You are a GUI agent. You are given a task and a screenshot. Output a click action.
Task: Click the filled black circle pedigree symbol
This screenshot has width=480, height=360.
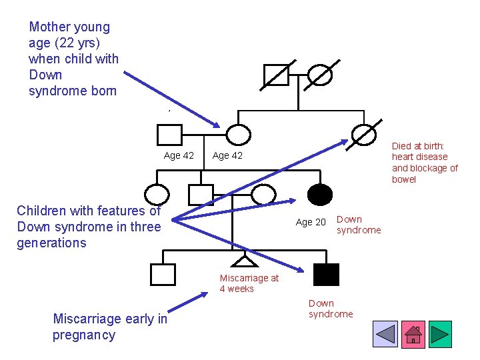point(320,195)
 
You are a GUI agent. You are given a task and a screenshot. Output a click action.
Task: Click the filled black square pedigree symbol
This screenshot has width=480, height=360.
point(326,274)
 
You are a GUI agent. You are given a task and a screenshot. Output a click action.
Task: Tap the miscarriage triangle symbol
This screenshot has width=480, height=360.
point(243,262)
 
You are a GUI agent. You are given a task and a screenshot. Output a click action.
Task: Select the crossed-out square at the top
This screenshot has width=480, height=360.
point(276,75)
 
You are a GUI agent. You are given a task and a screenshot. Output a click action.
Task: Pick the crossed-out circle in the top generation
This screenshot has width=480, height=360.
point(320,75)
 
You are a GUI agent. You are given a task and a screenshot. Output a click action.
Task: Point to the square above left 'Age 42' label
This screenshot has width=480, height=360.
point(169,135)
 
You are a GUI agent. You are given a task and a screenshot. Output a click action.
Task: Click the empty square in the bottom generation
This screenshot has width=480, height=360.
point(163,274)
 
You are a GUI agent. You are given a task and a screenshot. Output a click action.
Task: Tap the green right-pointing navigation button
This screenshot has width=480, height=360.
point(440,334)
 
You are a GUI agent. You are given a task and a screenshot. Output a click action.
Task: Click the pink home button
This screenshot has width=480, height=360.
point(413,334)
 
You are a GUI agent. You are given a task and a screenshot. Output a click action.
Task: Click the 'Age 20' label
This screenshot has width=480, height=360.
point(311,222)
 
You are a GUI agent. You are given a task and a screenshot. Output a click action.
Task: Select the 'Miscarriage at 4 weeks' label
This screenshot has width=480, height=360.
point(249,283)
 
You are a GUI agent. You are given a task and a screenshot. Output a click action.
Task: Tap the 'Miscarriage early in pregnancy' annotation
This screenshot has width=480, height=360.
point(110,327)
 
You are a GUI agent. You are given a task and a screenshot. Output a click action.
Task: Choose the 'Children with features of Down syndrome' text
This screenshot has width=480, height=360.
point(89,227)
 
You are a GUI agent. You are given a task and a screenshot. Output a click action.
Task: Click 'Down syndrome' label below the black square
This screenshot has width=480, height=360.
point(331,309)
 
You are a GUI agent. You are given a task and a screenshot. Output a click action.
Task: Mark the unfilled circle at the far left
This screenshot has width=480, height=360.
point(157,195)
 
